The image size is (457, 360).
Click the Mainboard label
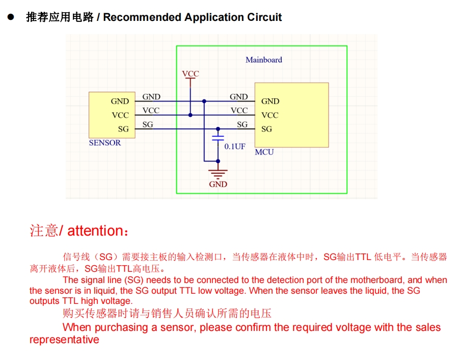263,60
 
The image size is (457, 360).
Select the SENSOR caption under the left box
105,143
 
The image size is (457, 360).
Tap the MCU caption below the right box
264,152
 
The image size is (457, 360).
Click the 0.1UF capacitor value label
235,146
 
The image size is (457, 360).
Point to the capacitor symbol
218,139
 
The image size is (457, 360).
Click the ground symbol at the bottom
218,173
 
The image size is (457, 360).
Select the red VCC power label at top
191,74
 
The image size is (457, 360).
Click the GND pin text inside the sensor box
120,101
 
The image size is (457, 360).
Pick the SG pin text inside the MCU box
266,129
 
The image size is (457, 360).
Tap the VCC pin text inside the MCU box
270,115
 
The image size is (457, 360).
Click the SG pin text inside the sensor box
123,129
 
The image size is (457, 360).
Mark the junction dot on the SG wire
218,129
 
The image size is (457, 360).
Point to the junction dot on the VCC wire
191,115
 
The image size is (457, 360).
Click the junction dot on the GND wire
204,101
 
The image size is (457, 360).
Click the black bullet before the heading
10,17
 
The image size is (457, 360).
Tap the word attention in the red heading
95,231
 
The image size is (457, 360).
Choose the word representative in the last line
64,340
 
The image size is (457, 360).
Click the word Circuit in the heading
264,17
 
